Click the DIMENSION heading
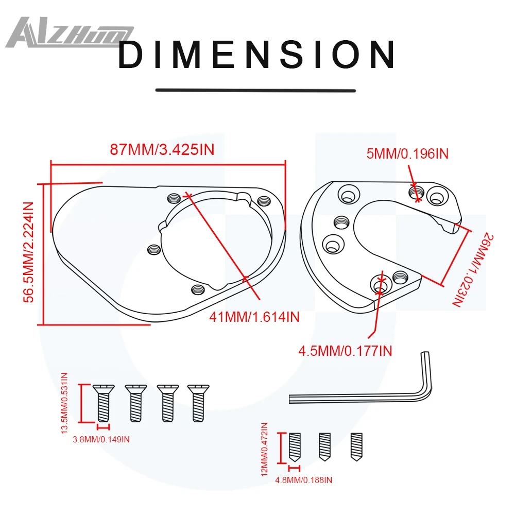coord(256,55)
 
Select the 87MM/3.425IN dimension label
coord(162,149)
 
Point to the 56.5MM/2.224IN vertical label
coord(28,252)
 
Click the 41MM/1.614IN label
coord(254,317)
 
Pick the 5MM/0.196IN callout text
coord(407,153)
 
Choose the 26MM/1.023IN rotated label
coord(473,270)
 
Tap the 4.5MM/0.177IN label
coord(345,351)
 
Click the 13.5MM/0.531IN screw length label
coord(64,403)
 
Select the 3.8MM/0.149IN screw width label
coord(101,439)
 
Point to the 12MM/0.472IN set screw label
coord(264,449)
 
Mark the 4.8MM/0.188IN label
coord(303,480)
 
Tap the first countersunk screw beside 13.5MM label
coord(103,403)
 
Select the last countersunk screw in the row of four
coord(198,403)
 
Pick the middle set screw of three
coord(324,447)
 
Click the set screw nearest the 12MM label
coord(295,447)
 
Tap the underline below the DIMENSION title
coord(255,90)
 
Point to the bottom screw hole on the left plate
coord(198,289)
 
